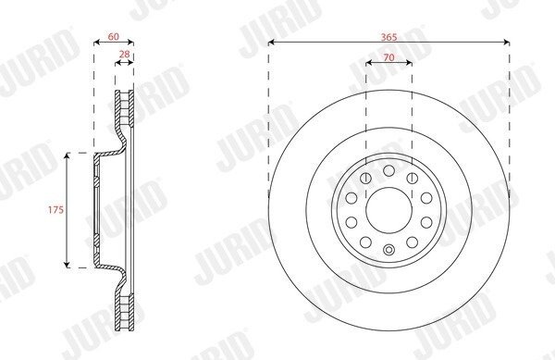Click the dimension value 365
389,37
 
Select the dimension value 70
389,57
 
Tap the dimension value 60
113,36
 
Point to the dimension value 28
124,55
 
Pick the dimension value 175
55,210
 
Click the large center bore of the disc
389,210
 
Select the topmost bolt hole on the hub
389,170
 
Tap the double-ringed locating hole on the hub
389,250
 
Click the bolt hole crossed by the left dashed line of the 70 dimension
365,178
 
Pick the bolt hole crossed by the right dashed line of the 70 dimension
413,178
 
